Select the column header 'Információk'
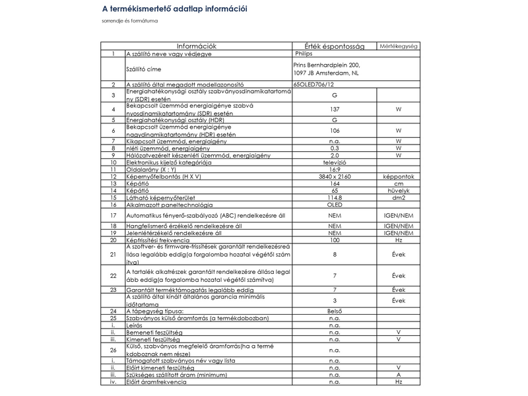196,46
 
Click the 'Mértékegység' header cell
399,46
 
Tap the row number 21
113,255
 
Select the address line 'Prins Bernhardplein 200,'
325,65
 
